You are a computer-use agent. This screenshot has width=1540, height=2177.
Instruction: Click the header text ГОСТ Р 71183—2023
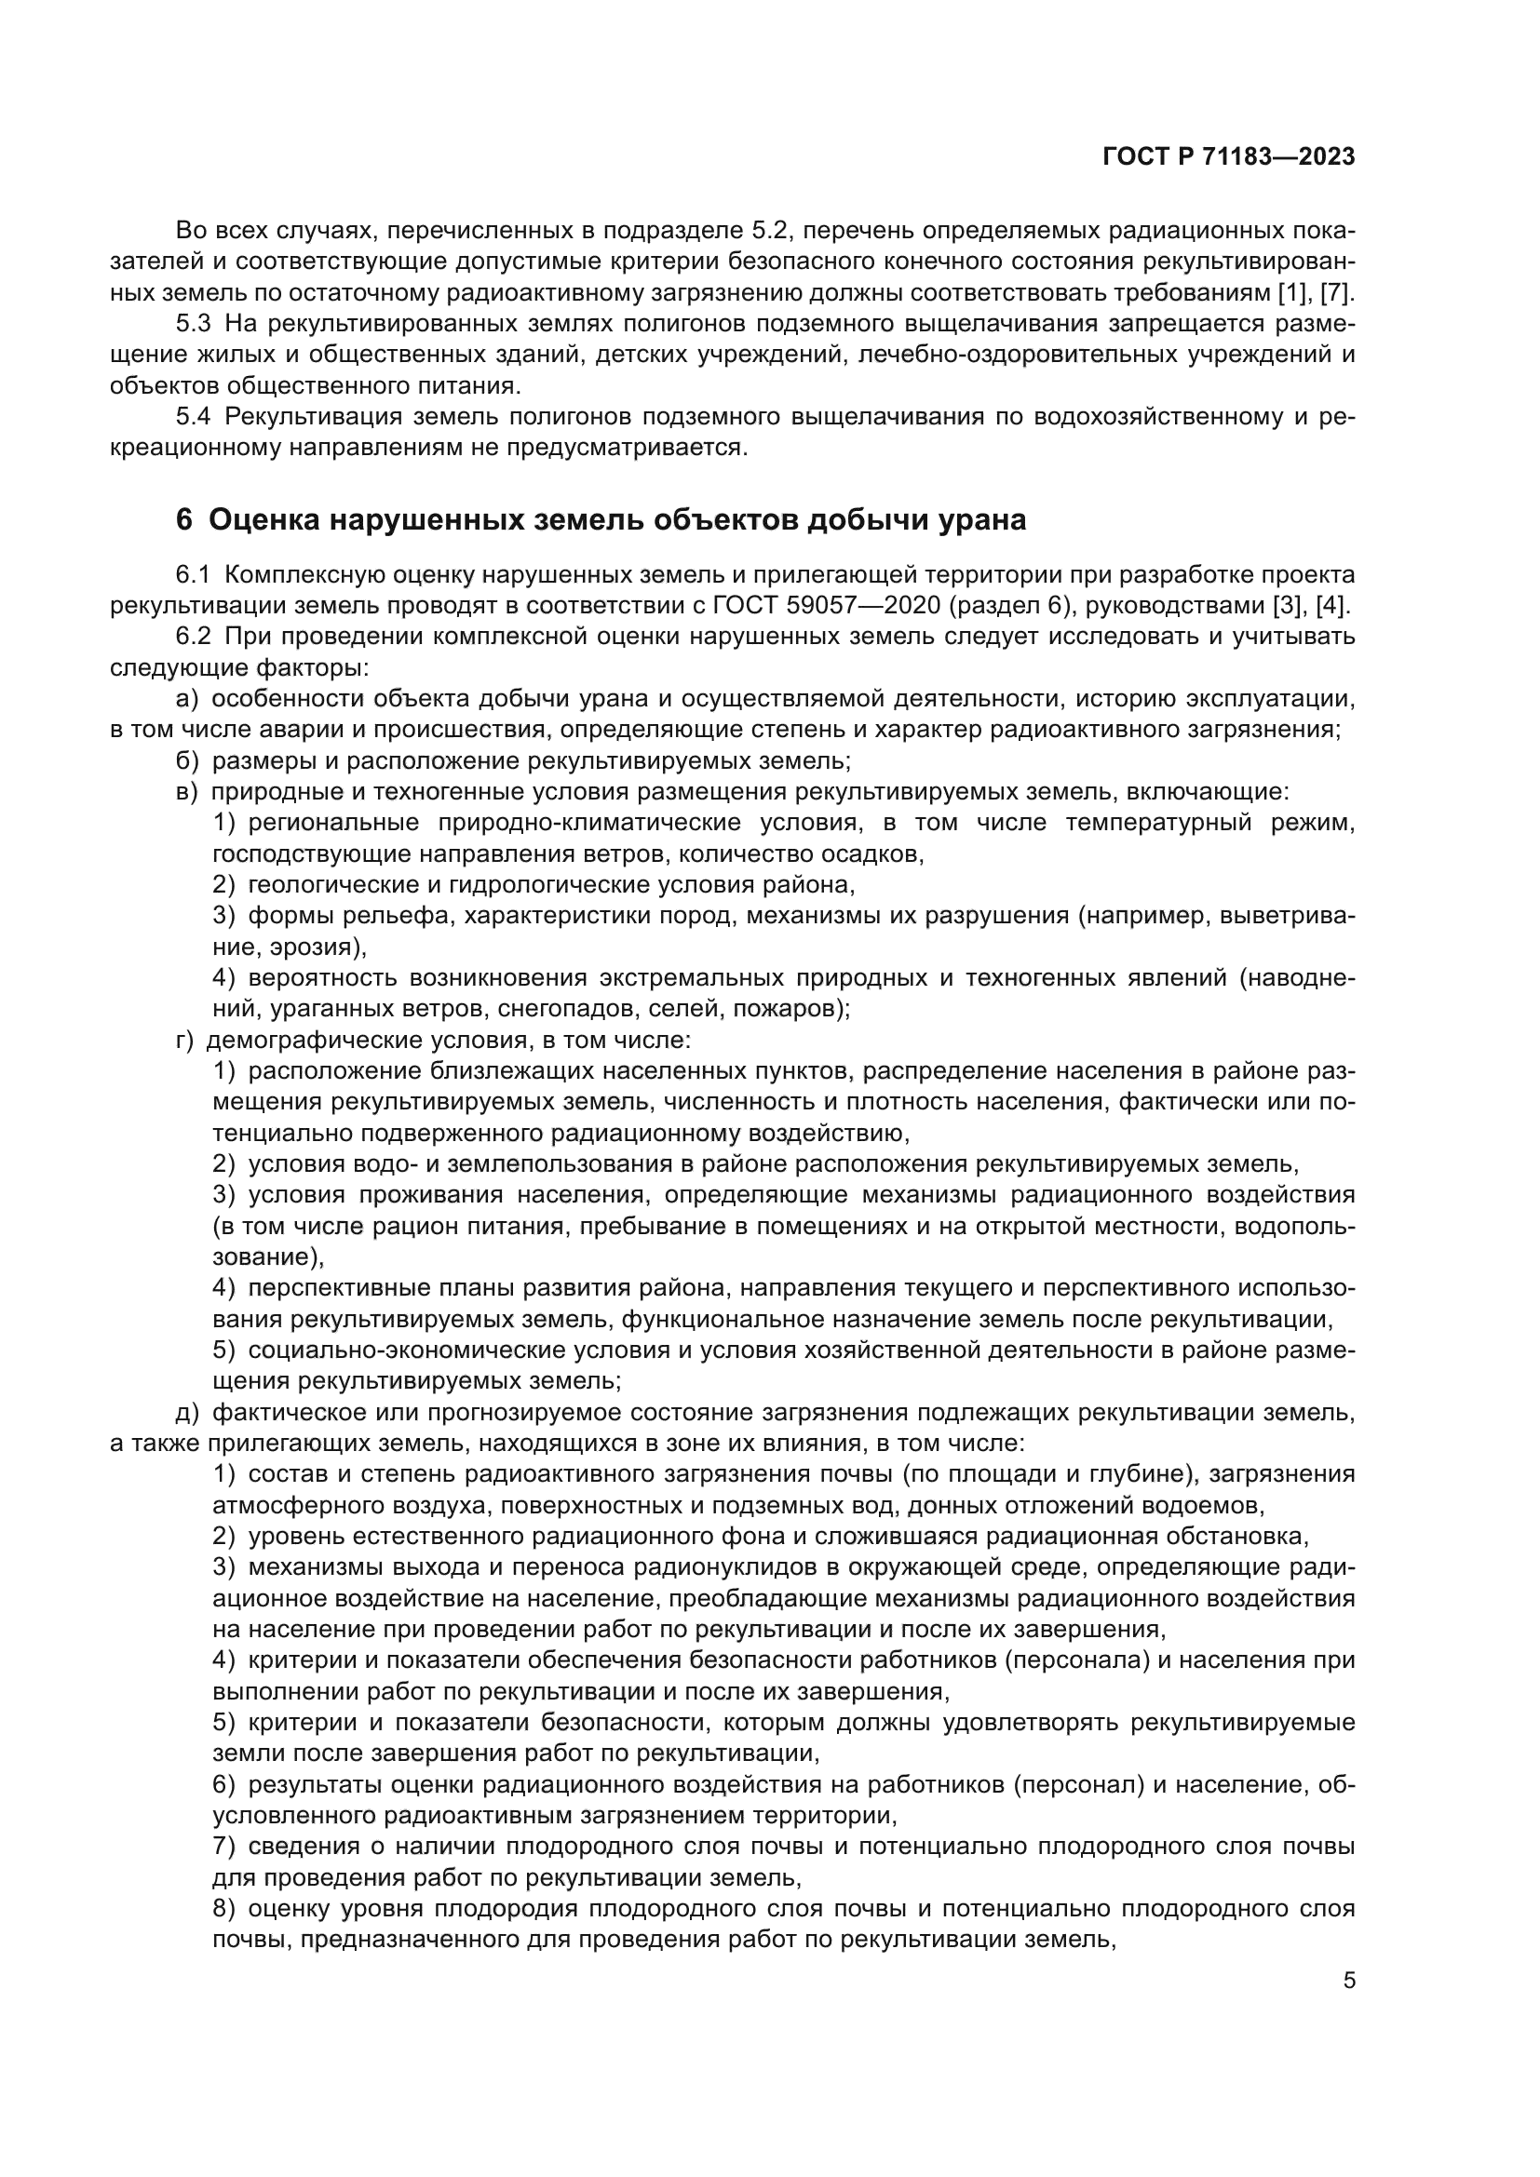[1228, 156]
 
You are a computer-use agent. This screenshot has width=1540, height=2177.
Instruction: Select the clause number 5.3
[193, 323]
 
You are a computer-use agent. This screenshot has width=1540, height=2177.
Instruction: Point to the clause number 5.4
[193, 416]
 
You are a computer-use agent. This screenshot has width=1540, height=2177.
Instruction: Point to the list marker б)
[187, 760]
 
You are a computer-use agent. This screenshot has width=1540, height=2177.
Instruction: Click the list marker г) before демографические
[184, 1041]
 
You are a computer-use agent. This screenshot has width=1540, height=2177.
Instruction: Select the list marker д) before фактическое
[187, 1413]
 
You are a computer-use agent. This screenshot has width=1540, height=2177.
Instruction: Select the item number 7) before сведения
[223, 1846]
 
